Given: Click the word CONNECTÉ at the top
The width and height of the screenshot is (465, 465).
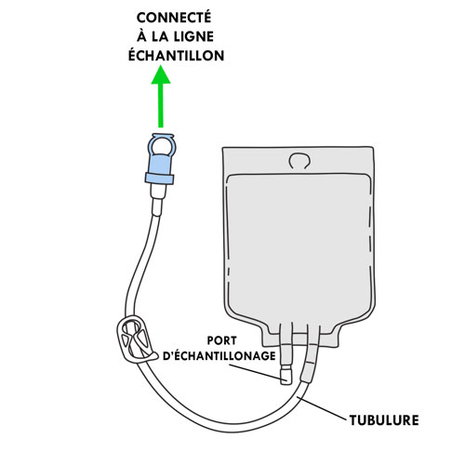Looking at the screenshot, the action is tap(174, 17).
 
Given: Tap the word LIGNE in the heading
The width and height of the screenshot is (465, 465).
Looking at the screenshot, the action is tap(193, 37).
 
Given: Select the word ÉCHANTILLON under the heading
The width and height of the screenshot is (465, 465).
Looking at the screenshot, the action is tap(176, 55).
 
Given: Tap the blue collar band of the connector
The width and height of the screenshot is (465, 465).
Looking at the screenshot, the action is tap(160, 179).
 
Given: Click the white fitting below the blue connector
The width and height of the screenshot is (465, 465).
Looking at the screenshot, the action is tap(158, 199).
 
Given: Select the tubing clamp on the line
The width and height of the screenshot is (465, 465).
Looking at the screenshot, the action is tap(136, 339).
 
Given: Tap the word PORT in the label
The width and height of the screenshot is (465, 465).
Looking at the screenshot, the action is tap(222, 340).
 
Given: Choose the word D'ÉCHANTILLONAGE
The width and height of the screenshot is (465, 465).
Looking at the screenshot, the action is tap(219, 356).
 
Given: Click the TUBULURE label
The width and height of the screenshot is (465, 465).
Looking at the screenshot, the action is tap(384, 420).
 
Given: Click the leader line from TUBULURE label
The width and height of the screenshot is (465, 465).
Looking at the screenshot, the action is tap(322, 408).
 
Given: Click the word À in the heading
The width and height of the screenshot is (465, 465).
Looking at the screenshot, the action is tap(141, 35).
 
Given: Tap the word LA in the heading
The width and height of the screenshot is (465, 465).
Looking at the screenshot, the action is tap(160, 37).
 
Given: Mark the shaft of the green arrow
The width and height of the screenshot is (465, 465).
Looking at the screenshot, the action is tap(161, 105).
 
